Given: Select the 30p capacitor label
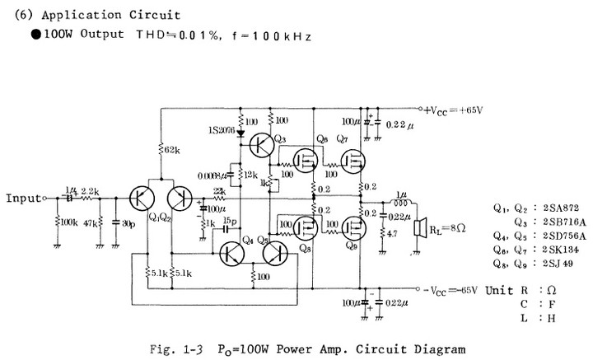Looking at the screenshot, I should tap(128, 222).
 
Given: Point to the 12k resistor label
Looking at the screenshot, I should tap(250, 175).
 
